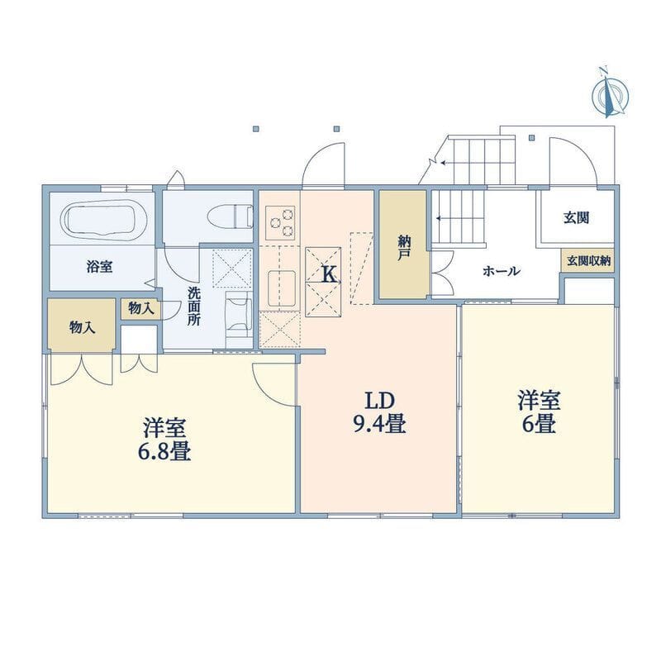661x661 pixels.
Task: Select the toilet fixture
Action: point(235,215)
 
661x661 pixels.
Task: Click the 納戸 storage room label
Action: point(403,247)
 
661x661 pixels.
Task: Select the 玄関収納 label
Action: point(588,261)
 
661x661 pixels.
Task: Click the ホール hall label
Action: point(501,271)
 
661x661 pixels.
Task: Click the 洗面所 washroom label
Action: point(193,306)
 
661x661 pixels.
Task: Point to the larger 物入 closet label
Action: point(82,326)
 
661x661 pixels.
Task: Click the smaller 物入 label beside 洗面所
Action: point(140,308)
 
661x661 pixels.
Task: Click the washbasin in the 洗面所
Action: point(238,315)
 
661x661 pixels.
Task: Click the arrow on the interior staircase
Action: point(440,219)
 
